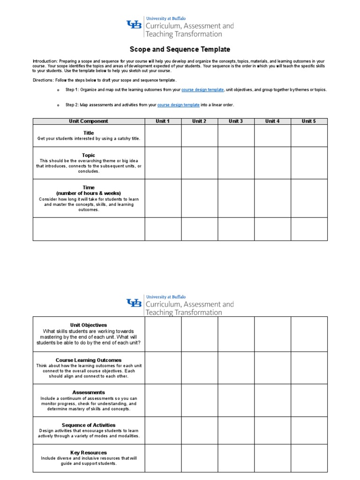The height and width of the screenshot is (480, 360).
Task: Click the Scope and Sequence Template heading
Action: click(x=180, y=49)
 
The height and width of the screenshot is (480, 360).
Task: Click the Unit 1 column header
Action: click(x=163, y=121)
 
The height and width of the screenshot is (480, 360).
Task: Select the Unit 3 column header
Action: click(x=236, y=121)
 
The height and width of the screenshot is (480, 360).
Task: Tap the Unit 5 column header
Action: click(x=309, y=121)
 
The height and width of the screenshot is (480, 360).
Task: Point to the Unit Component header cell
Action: click(x=89, y=121)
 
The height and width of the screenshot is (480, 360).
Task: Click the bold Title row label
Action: click(x=89, y=133)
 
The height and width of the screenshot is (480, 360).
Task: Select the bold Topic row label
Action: click(x=89, y=155)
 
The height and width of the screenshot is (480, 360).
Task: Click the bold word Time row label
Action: click(x=89, y=187)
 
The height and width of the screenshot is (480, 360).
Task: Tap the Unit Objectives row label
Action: click(x=89, y=325)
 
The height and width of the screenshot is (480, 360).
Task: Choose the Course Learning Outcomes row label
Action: click(x=89, y=360)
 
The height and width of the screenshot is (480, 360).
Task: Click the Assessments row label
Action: click(x=89, y=392)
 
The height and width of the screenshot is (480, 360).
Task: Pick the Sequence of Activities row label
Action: click(x=89, y=425)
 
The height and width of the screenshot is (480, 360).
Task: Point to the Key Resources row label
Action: click(x=89, y=453)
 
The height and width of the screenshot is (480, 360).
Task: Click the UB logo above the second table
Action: click(x=134, y=303)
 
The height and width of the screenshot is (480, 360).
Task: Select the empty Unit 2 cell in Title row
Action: click(x=199, y=135)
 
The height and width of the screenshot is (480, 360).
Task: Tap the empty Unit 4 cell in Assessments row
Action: click(x=272, y=400)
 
